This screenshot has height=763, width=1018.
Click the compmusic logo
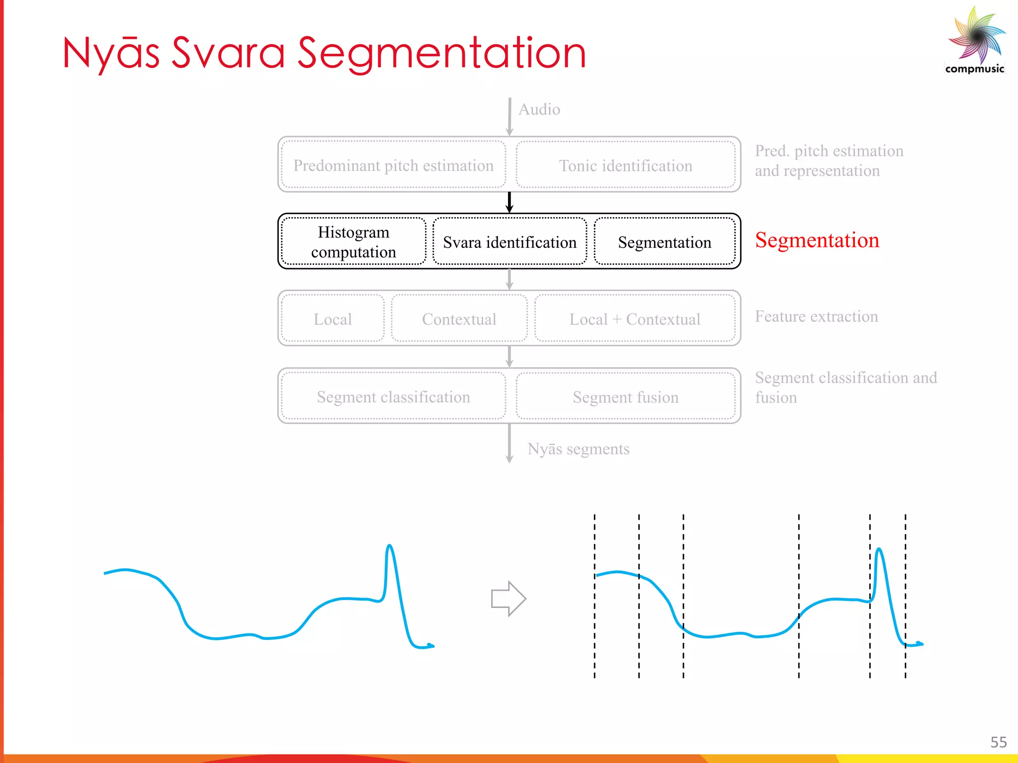point(976,40)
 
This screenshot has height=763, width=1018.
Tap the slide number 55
point(998,742)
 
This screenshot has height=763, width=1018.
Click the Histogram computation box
point(353,242)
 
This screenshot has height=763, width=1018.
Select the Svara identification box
point(509,242)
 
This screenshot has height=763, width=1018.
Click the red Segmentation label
point(817,240)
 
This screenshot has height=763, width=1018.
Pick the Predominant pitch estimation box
point(393,165)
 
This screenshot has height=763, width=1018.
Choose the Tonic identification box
point(625,165)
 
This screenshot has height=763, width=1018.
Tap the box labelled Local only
point(333,319)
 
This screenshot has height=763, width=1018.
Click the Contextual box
point(459,319)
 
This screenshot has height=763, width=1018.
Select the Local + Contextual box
point(635,319)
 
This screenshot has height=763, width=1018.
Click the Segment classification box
point(393,397)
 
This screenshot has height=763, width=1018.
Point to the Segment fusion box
point(625,397)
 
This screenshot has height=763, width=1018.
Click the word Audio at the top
point(539,109)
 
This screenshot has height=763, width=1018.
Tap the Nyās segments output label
point(578,449)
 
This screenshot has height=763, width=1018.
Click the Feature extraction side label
point(816,316)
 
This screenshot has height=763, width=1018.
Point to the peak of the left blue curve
point(390,546)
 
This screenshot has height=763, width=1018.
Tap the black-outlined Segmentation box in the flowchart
point(665,242)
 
